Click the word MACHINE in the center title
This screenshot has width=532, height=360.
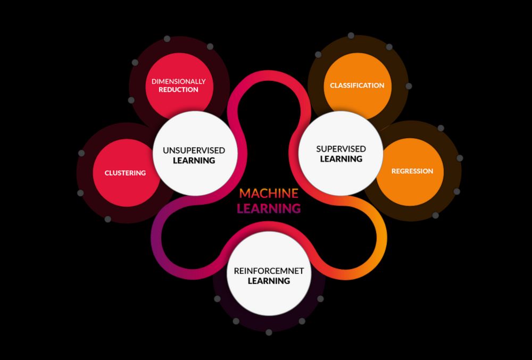pyautogui.click(x=269, y=193)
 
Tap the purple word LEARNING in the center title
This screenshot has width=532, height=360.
pyautogui.click(x=269, y=208)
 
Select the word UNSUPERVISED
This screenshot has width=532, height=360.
pyautogui.click(x=194, y=150)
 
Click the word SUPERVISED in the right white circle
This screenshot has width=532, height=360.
pyautogui.click(x=341, y=149)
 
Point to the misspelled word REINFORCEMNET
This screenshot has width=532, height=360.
pyautogui.click(x=269, y=271)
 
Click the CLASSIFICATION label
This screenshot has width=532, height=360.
pyautogui.click(x=357, y=86)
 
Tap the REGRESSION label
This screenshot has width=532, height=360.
pyautogui.click(x=412, y=171)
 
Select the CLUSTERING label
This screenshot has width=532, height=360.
pyautogui.click(x=125, y=173)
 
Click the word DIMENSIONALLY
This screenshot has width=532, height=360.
pyautogui.click(x=178, y=81)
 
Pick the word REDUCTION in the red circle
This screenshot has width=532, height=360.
pyautogui.click(x=178, y=89)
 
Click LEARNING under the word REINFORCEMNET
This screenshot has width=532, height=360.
pyautogui.click(x=269, y=281)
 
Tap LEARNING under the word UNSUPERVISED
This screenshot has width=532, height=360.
pyautogui.click(x=194, y=161)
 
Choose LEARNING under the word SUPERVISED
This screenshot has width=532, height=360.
pyautogui.click(x=341, y=158)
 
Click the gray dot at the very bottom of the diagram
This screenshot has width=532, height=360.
pyautogui.click(x=269, y=332)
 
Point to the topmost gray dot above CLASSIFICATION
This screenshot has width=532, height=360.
pyautogui.click(x=351, y=36)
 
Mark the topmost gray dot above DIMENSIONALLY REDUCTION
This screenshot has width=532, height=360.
pyautogui.click(x=167, y=39)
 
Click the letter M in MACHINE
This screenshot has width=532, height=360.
pyautogui.click(x=245, y=193)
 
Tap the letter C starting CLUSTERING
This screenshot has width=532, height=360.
pyautogui.click(x=107, y=173)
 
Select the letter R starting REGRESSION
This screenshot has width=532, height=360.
pyautogui.click(x=394, y=171)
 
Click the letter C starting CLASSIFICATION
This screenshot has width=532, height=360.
pyautogui.click(x=332, y=86)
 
